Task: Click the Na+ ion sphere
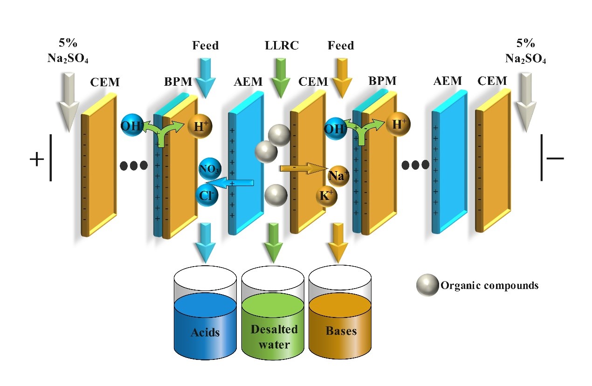coord(338,176)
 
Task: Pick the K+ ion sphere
coord(327,197)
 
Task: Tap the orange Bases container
coord(341,322)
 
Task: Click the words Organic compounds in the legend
coord(489,285)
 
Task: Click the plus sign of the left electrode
coord(36,159)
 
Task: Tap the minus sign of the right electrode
coord(555,158)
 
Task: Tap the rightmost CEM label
coord(492,81)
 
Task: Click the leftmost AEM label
coord(248,82)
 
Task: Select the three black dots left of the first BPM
coord(134,165)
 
